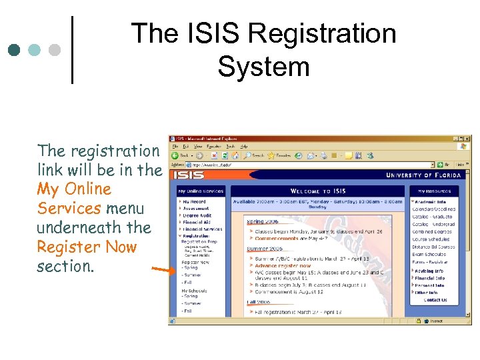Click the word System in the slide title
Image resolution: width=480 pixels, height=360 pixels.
click(263, 67)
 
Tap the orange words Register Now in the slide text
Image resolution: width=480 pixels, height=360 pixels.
click(87, 247)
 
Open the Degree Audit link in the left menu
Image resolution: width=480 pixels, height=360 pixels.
click(197, 215)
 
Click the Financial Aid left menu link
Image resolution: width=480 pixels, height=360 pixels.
click(197, 222)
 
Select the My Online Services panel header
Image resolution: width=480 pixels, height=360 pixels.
click(200, 191)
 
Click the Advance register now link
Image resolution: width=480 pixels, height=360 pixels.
click(283, 266)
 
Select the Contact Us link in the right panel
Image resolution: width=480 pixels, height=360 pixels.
click(435, 300)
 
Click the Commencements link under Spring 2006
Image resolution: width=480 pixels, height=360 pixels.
click(277, 238)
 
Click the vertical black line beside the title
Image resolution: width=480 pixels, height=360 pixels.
click(71, 50)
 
